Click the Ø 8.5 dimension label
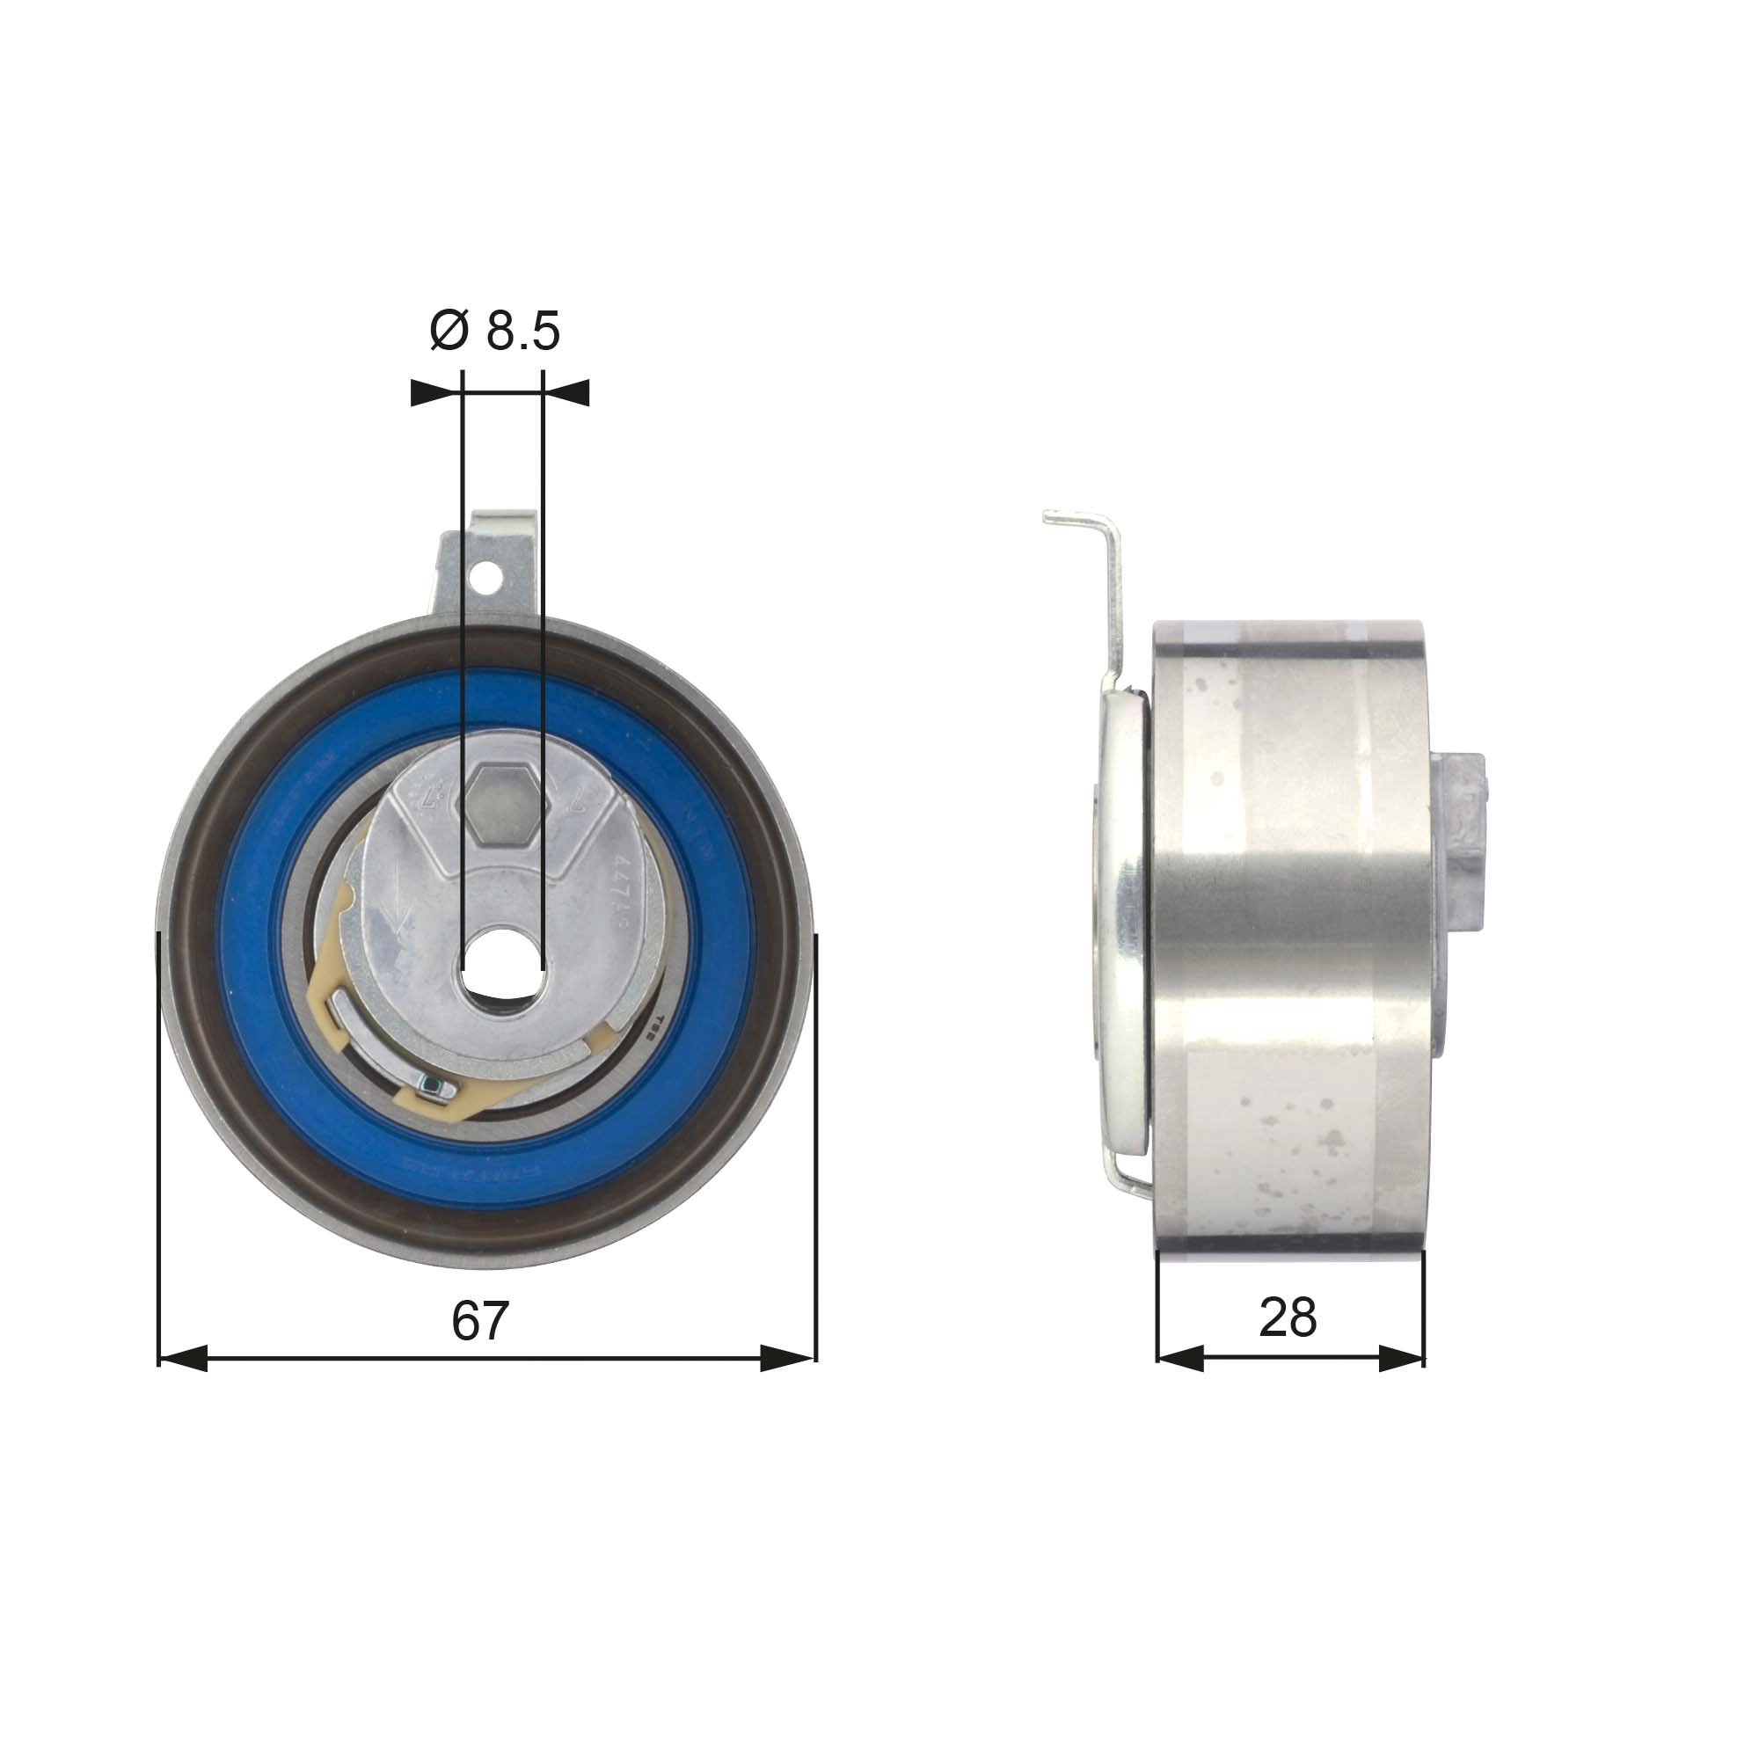pyautogui.click(x=494, y=331)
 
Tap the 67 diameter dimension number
pyautogui.click(x=480, y=1321)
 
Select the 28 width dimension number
pyautogui.click(x=1288, y=1317)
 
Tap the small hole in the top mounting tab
pyautogui.click(x=491, y=577)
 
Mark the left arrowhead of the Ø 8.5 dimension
pyautogui.click(x=434, y=392)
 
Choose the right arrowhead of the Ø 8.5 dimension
pyautogui.click(x=567, y=392)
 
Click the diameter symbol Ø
pyautogui.click(x=448, y=331)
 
